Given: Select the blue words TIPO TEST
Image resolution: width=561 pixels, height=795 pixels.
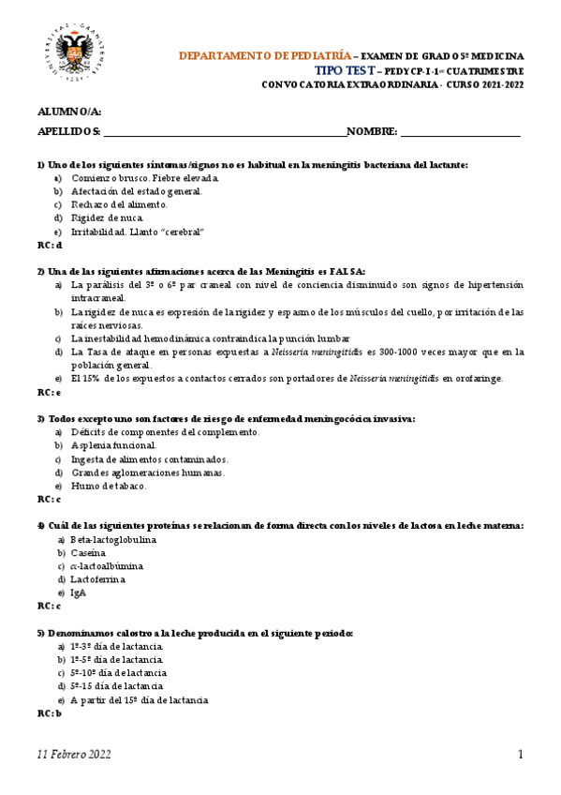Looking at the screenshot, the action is (345, 71).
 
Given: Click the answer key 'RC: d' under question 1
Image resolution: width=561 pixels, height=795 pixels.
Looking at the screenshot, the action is (50, 245).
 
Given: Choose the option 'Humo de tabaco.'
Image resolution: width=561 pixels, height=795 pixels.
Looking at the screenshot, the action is (109, 486).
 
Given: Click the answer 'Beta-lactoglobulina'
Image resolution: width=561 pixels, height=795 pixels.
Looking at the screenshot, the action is (113, 540).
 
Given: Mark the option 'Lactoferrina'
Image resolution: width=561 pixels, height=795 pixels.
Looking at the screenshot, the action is (97, 579).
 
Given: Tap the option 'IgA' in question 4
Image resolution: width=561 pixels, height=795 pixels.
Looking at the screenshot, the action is (79, 592).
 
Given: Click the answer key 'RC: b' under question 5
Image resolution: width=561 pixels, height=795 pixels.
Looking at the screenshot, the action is (50, 713).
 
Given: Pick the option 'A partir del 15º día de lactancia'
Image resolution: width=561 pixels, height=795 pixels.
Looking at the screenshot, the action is (139, 699).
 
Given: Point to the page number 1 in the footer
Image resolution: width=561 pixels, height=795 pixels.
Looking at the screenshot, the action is (521, 756).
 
